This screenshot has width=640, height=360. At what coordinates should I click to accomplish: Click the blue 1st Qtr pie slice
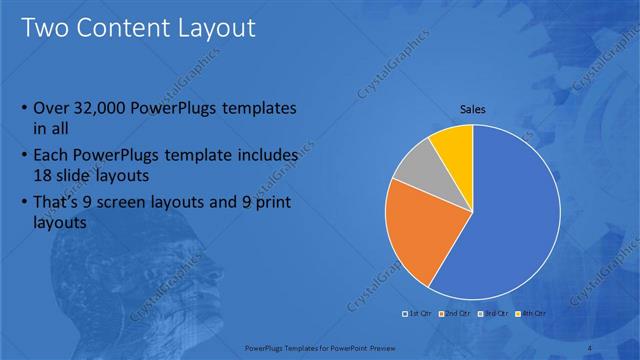coord(510,220)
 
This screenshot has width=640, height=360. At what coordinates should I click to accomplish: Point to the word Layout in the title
coord(218,27)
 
